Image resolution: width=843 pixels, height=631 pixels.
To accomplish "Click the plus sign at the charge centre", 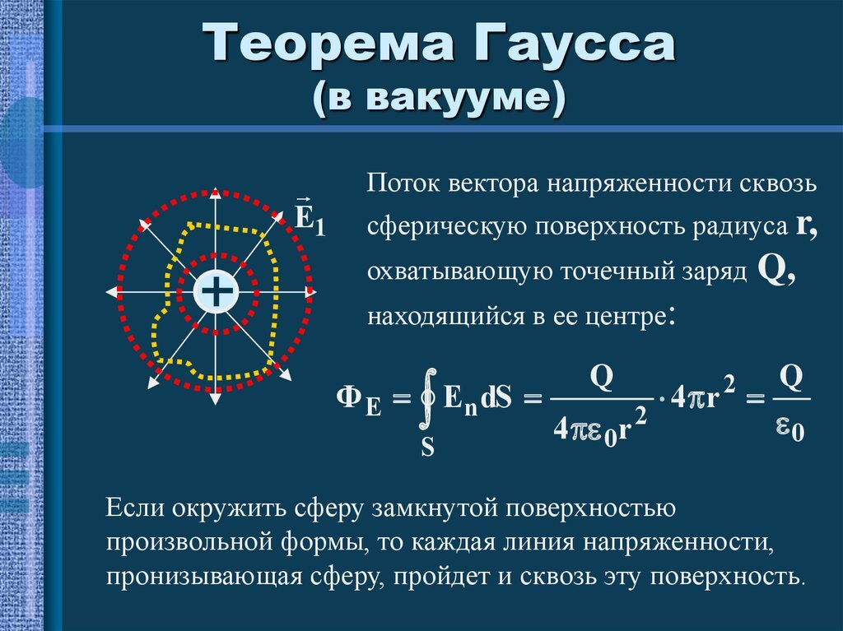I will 216,291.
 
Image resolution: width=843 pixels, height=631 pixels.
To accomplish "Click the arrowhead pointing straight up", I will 216,193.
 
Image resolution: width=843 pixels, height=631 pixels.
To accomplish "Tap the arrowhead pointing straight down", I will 216,397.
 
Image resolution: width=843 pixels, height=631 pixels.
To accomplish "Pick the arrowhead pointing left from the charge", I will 111,292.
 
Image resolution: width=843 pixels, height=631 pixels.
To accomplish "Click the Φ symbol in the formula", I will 350,398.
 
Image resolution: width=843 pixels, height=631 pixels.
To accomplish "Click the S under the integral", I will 428,447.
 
